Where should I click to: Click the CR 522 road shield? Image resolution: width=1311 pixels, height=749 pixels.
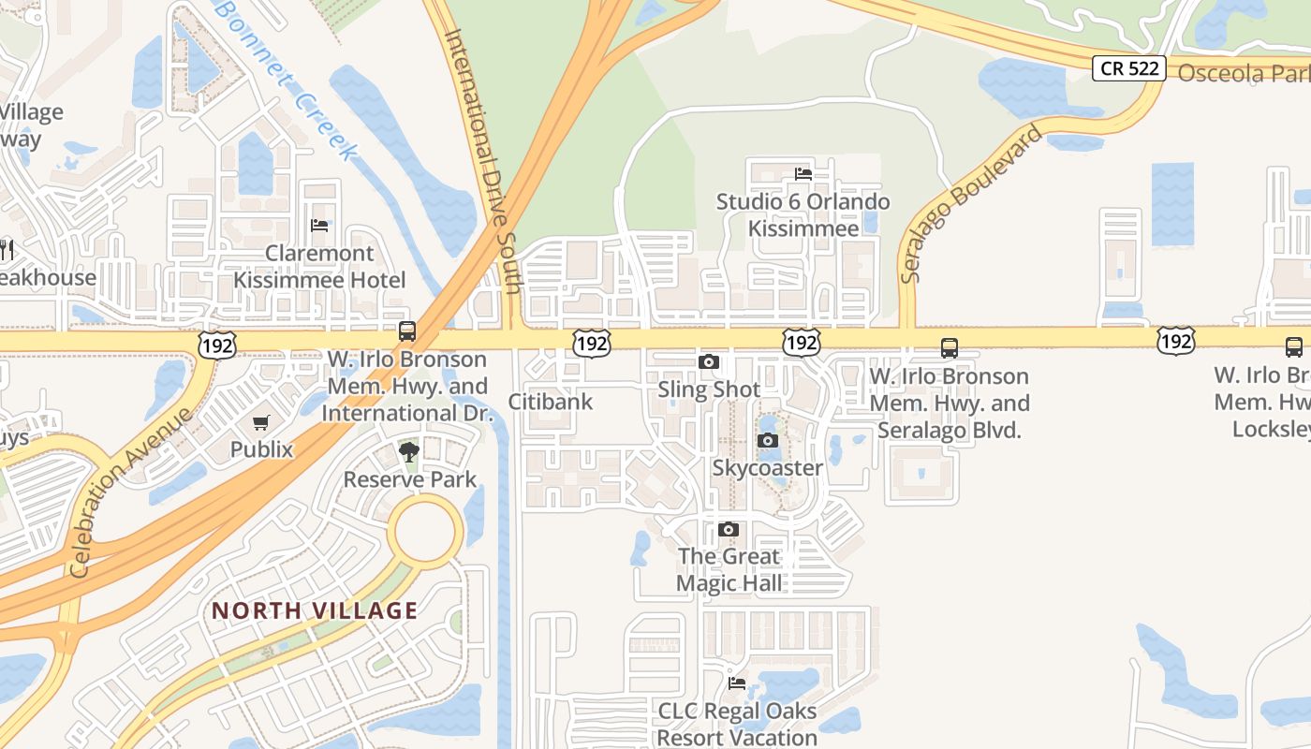[1128, 68]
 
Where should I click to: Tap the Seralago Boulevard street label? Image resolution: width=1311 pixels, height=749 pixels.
[970, 203]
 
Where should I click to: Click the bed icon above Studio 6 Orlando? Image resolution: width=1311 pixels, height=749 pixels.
[803, 173]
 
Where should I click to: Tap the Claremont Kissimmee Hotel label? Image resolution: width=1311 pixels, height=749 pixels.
[319, 267]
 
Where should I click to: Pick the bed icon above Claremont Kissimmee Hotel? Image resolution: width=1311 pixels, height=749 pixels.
[319, 226]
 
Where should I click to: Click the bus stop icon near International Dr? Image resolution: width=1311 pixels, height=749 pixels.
[407, 330]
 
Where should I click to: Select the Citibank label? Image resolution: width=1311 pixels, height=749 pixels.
[551, 402]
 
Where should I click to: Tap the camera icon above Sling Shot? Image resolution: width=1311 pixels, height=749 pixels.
[709, 362]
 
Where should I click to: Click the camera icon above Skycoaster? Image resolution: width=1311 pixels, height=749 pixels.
[768, 441]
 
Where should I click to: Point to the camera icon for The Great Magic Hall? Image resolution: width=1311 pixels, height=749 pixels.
[729, 530]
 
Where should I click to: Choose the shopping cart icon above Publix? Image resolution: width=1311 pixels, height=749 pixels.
[261, 423]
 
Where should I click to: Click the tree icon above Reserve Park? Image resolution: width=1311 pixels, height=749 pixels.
[409, 453]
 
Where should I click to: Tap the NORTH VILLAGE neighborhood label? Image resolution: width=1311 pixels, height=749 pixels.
[315, 610]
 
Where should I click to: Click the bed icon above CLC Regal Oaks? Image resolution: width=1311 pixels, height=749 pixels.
[737, 683]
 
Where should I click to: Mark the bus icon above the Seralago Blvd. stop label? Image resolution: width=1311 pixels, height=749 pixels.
[950, 349]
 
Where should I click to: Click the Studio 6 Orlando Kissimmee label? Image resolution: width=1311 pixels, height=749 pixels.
[803, 215]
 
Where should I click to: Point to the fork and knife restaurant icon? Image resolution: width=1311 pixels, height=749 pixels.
[7, 248]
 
